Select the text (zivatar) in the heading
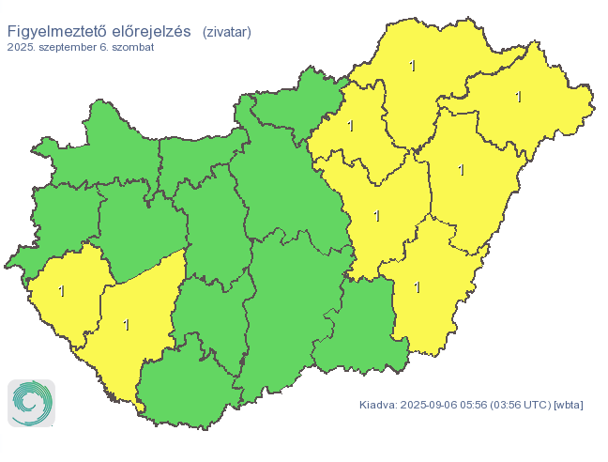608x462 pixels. (226, 32)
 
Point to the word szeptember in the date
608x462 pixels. (73, 47)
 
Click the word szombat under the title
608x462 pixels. (132, 47)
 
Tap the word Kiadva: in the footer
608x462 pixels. (377, 405)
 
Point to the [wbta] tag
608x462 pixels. (569, 405)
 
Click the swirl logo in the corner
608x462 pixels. (31, 403)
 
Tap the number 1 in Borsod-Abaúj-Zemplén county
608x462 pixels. (412, 66)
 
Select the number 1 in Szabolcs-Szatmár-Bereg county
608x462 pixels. (518, 97)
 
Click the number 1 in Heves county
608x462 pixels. (350, 126)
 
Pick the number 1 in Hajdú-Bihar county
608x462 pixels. (461, 170)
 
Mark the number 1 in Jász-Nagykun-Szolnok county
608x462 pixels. (377, 216)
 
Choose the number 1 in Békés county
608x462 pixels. (418, 286)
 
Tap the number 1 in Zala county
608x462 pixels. (62, 291)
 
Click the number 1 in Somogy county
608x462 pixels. (126, 325)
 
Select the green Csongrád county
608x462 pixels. (361, 329)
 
